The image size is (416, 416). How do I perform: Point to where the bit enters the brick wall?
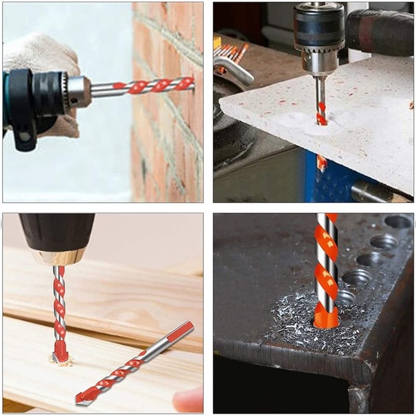pyautogui.click(x=191, y=83)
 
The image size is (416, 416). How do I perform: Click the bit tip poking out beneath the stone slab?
pyautogui.click(x=322, y=163)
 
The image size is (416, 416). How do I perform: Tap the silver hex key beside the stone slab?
pyautogui.click(x=234, y=71)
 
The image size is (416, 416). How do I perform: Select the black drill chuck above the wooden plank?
pyautogui.click(x=57, y=231)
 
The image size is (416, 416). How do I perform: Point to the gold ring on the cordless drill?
pyautogui.click(x=58, y=256)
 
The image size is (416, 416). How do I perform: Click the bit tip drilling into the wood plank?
pyautogui.click(x=60, y=356)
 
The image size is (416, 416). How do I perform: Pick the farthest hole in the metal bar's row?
pyautogui.click(x=398, y=222)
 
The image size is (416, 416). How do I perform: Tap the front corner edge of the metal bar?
pyautogui.click(x=359, y=374)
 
